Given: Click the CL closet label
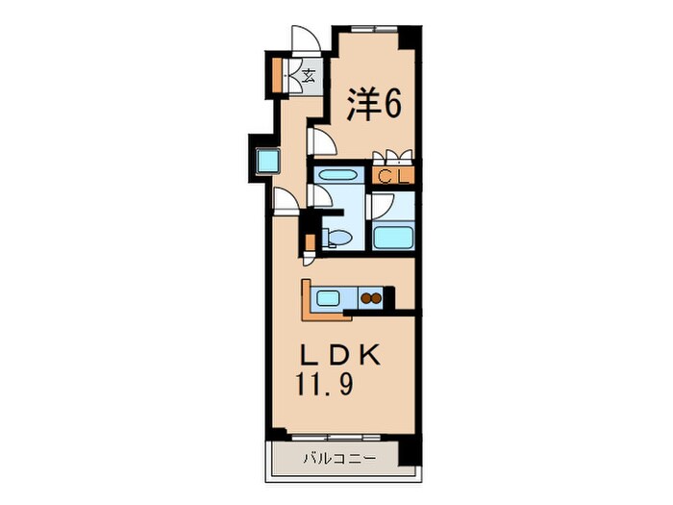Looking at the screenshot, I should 393,176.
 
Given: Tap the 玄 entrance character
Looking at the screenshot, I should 310,76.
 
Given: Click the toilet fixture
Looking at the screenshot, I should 334,237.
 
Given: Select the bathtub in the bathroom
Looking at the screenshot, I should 393,237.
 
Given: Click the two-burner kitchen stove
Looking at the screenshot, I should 372,298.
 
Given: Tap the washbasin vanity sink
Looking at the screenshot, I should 336,177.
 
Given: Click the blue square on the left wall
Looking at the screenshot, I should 264,160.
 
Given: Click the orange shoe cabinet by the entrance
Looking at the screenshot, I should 277,75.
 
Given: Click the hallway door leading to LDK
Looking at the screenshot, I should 285,199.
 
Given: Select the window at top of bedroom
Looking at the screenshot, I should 371,27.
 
